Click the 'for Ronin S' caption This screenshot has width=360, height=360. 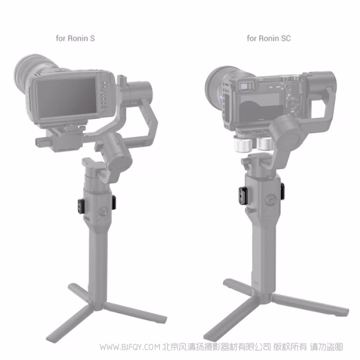(75, 38)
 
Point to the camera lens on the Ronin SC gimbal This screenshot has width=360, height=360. (218, 83)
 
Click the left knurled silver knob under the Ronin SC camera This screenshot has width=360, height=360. (242, 145)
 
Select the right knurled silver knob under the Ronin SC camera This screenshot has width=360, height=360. (262, 145)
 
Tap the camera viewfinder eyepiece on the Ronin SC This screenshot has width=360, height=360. (244, 88)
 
